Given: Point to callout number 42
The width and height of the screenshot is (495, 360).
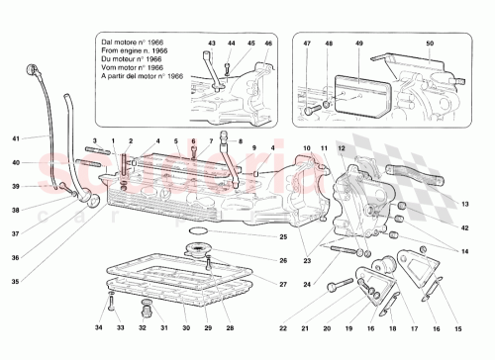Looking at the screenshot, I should pos(463,227).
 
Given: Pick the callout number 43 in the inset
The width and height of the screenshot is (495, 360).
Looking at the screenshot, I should pos(212,44).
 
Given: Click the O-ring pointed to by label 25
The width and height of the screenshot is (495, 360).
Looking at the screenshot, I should pos(198,234).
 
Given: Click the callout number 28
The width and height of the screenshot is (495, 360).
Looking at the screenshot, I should pos(230,327).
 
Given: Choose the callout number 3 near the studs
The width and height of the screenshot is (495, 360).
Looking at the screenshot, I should pos(96,141).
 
